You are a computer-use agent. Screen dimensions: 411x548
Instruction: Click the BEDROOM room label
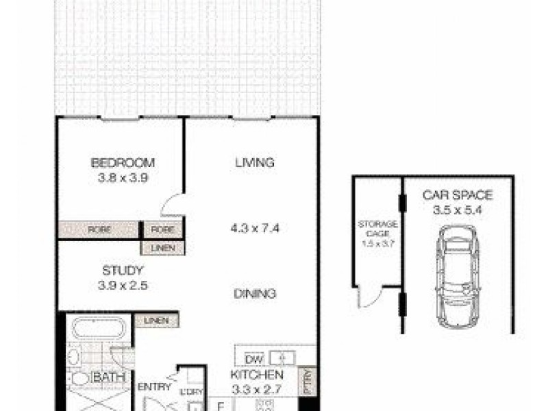pyautogui.click(x=123, y=163)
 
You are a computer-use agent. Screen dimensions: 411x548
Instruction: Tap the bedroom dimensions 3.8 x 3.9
pyautogui.click(x=123, y=179)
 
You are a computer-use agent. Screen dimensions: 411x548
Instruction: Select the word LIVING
pyautogui.click(x=254, y=163)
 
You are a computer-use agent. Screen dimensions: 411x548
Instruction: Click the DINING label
pyautogui.click(x=254, y=294)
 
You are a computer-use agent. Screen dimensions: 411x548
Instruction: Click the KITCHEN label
pyautogui.click(x=257, y=375)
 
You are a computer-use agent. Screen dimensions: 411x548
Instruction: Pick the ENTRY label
pyautogui.click(x=154, y=387)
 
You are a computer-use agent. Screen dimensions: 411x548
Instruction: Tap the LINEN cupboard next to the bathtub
pyautogui.click(x=158, y=320)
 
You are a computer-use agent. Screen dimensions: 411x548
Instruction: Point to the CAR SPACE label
pyautogui.click(x=457, y=195)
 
